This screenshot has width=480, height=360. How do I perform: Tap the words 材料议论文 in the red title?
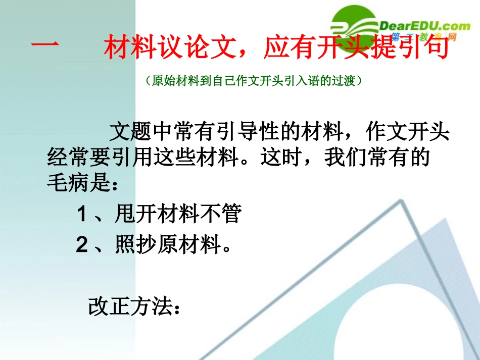point(167,49)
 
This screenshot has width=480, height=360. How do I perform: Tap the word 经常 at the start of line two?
point(63,159)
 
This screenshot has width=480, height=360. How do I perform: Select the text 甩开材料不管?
point(177,215)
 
